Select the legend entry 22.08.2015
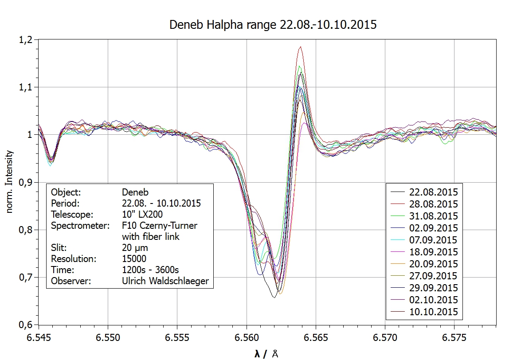pyautogui.click(x=432, y=192)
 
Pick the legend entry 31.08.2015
pyautogui.click(x=432, y=216)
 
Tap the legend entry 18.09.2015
pyautogui.click(x=432, y=252)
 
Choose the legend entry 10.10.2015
pyautogui.click(x=432, y=312)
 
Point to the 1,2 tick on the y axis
pyautogui.click(x=26, y=40)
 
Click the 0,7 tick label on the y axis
pyautogui.click(x=26, y=278)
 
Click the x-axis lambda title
pyautogui.click(x=266, y=353)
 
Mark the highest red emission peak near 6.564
pyautogui.click(x=301, y=47)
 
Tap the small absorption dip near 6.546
pyautogui.click(x=51, y=160)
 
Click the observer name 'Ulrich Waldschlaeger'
pyautogui.click(x=165, y=281)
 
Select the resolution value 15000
pyautogui.click(x=134, y=258)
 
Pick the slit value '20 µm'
pyautogui.click(x=135, y=247)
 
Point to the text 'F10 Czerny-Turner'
pyautogui.click(x=159, y=226)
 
